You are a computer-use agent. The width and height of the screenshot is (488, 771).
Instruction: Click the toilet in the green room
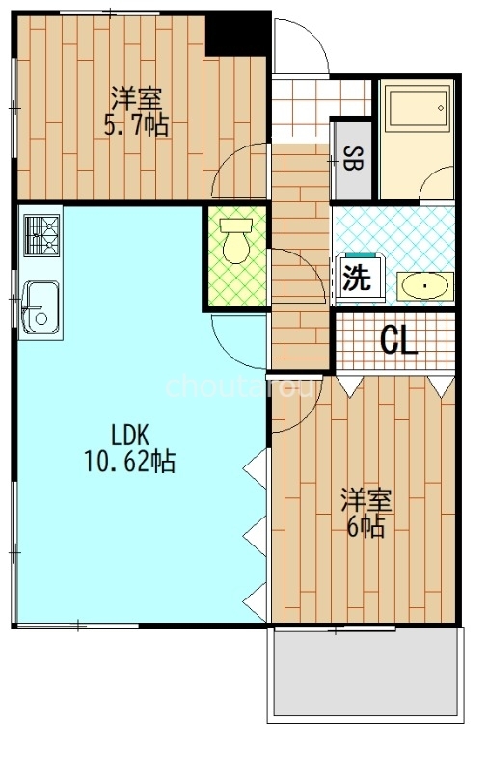click(x=236, y=240)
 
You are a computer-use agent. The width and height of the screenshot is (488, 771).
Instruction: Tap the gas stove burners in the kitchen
click(x=41, y=236)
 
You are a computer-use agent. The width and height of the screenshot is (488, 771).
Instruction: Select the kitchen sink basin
click(x=41, y=306)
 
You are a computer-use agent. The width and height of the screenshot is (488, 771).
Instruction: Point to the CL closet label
click(x=399, y=340)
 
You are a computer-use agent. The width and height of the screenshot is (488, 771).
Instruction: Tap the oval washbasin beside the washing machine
click(x=425, y=285)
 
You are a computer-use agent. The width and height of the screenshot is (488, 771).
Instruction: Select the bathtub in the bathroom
click(x=418, y=108)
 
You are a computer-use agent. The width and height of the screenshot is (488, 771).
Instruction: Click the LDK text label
click(x=130, y=435)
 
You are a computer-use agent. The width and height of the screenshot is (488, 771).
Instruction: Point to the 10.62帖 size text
click(x=130, y=462)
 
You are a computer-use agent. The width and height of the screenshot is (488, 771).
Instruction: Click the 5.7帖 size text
click(x=136, y=125)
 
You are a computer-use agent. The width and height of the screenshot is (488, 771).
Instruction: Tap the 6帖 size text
click(x=366, y=527)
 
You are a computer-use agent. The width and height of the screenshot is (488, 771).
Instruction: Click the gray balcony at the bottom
click(x=366, y=673)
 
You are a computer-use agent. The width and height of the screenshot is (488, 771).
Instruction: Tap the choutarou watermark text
click(x=240, y=387)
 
